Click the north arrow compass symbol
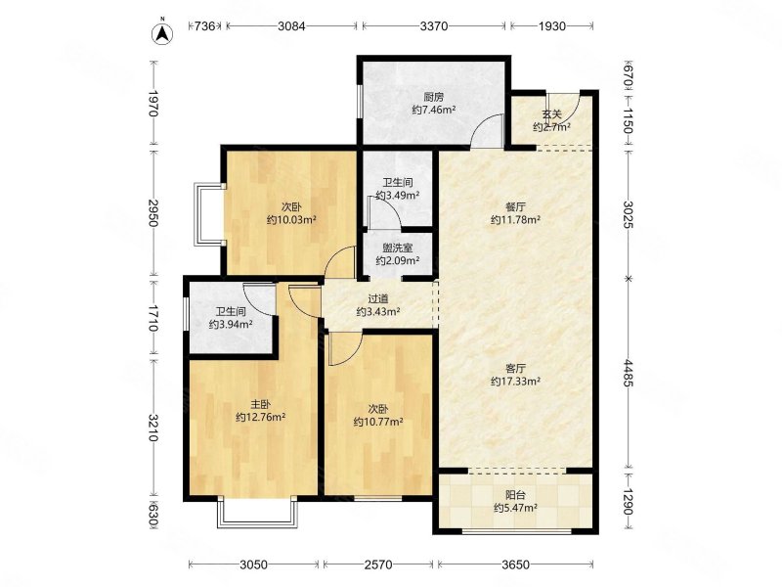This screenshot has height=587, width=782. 162,33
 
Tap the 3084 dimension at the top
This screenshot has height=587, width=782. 291,26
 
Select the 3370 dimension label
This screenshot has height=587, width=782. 434,26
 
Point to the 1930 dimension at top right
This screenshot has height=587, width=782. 551,26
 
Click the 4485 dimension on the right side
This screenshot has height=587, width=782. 628,374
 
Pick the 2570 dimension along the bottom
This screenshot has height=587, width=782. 378,565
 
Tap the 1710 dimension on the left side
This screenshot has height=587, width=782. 153,318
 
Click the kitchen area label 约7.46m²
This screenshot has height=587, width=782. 433,110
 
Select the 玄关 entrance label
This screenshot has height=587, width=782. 551,114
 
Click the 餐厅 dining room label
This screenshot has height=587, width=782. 516,206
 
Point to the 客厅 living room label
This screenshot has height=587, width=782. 516,369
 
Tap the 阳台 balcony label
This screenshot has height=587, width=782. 516,495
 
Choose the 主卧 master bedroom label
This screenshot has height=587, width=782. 260,404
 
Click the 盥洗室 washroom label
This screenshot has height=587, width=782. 398,248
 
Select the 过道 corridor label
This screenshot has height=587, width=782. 378,299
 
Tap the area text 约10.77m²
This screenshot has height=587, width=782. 378,422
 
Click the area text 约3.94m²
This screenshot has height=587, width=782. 231,325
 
